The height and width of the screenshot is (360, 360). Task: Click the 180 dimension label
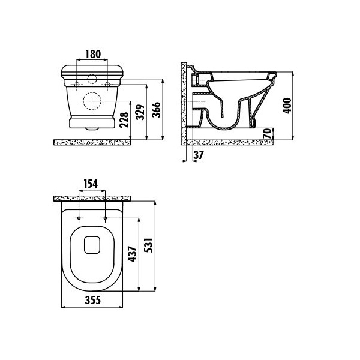[x=93, y=54]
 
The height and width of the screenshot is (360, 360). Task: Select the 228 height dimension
[x=124, y=119]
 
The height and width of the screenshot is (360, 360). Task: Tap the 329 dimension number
[x=140, y=112]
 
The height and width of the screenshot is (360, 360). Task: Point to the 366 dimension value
[x=157, y=110]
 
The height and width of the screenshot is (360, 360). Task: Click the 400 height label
[x=287, y=106]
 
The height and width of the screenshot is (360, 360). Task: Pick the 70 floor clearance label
[x=267, y=133]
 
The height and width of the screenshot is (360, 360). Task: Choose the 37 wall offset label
[x=199, y=155]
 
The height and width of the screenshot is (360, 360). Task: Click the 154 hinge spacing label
[x=91, y=184]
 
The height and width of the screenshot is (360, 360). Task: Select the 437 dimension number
[x=132, y=254]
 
